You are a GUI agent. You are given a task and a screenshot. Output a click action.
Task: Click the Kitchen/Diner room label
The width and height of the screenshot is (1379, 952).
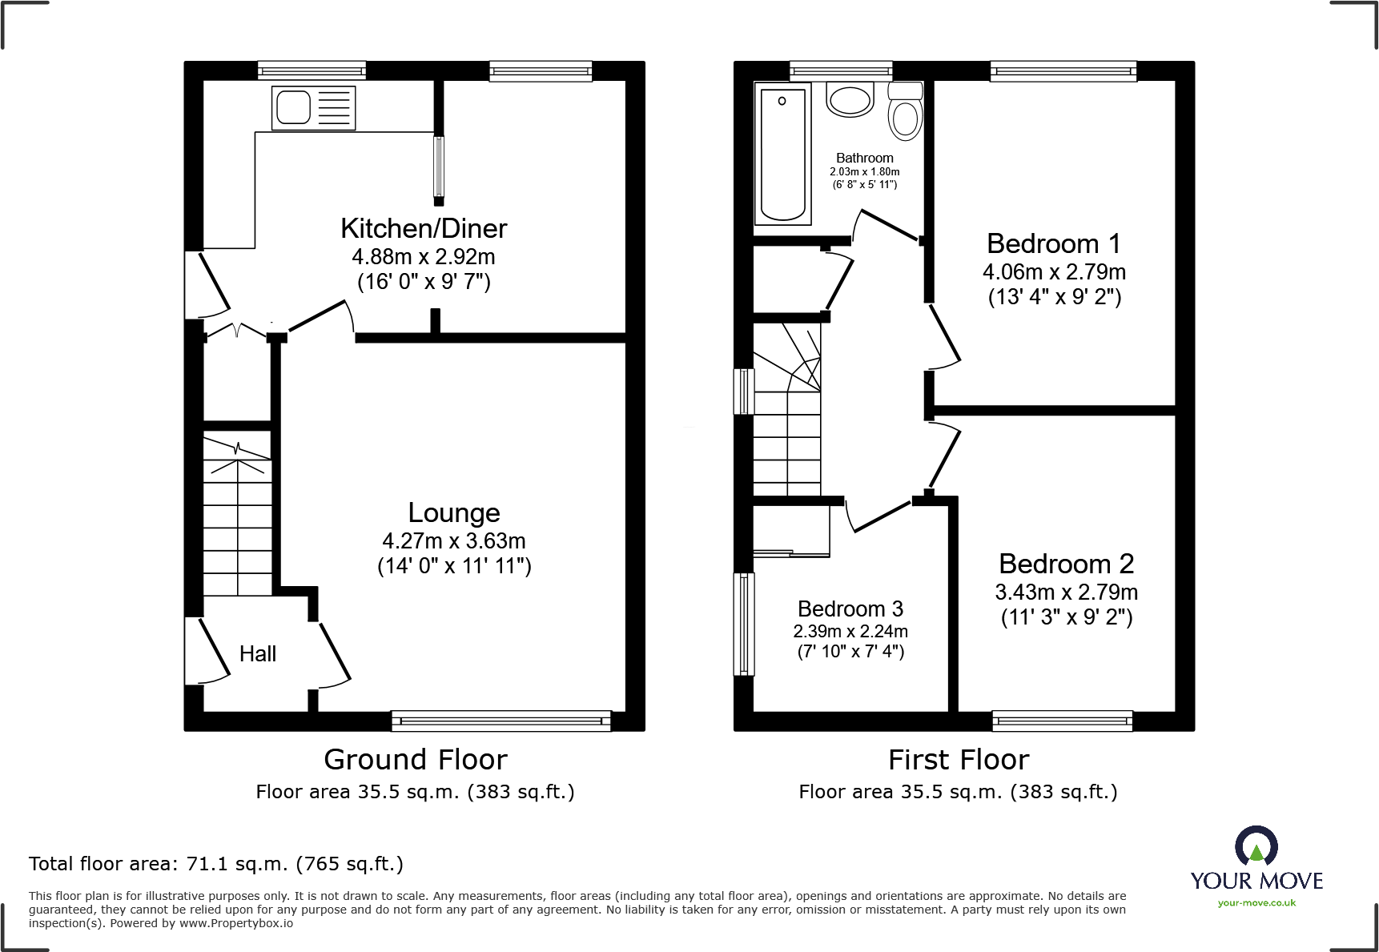coord(424,229)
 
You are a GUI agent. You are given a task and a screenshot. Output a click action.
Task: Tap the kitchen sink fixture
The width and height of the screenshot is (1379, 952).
coord(313,107)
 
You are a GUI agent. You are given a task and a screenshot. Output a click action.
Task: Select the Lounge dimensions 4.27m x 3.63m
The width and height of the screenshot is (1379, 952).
coord(454,541)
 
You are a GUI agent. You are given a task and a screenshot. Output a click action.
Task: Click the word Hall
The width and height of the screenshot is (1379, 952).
coord(258,654)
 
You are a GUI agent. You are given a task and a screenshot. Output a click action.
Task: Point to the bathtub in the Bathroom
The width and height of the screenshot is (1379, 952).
coord(783,153)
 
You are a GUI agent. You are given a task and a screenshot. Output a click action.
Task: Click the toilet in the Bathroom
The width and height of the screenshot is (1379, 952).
coord(905,111)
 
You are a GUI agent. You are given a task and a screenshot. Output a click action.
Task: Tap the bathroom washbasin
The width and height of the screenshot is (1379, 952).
coord(850,99)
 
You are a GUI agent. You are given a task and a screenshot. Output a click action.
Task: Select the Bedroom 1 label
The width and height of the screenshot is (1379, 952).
coord(1053,243)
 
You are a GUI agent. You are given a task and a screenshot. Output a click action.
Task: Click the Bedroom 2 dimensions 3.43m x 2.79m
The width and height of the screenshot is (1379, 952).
coord(1067,592)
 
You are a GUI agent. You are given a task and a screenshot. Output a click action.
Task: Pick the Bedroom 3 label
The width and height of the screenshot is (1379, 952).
coord(850,609)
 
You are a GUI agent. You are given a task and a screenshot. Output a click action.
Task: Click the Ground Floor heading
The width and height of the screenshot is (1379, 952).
coord(416,759)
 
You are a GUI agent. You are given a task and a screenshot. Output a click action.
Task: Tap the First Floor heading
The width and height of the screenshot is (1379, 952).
coord(959,759)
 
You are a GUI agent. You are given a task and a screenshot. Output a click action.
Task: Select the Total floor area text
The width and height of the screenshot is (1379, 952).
coord(216,864)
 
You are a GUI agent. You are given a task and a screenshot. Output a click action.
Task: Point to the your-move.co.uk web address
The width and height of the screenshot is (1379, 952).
coord(1256,903)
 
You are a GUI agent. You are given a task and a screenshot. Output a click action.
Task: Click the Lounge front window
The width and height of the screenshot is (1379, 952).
coord(501,721)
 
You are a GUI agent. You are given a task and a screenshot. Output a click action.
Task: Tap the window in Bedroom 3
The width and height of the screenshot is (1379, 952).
coord(745,625)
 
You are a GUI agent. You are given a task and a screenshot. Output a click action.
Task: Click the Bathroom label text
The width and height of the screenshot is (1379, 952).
coord(865,159)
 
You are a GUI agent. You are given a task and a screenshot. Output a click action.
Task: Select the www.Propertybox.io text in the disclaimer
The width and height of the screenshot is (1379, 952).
coord(236,923)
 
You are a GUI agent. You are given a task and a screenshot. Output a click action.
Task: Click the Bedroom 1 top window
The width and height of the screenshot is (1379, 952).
coord(1063,71)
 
